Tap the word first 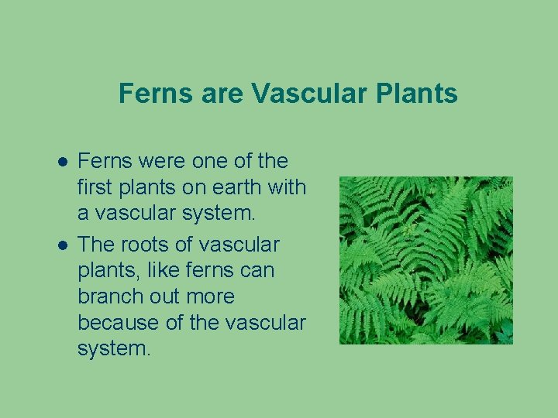click(x=98, y=187)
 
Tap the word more click(x=208, y=296)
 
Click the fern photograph click(x=426, y=260)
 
